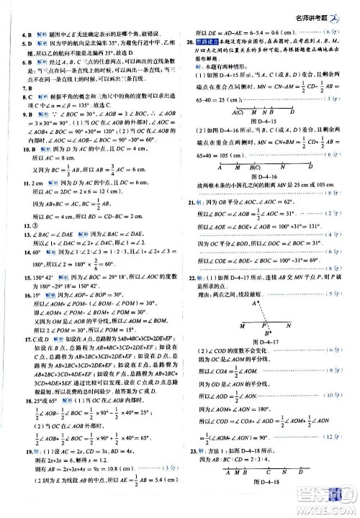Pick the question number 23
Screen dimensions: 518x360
(191, 470)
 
